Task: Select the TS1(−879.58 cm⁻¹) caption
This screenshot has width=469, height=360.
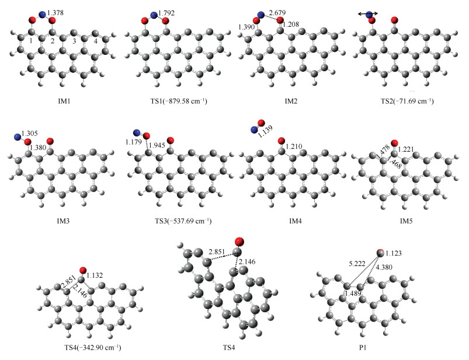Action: click(x=174, y=101)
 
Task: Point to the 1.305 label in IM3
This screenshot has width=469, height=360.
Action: click(x=29, y=135)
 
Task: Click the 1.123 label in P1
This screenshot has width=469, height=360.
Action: click(x=397, y=253)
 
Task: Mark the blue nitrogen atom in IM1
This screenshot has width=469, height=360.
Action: click(x=42, y=15)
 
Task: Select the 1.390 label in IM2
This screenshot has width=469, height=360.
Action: click(x=248, y=27)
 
